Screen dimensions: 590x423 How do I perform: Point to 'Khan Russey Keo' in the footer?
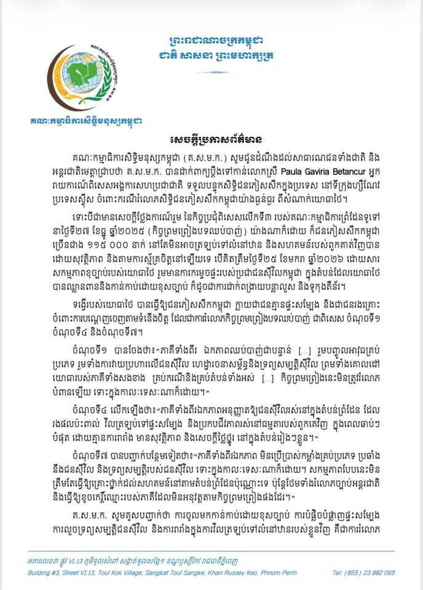pos(255,572)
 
